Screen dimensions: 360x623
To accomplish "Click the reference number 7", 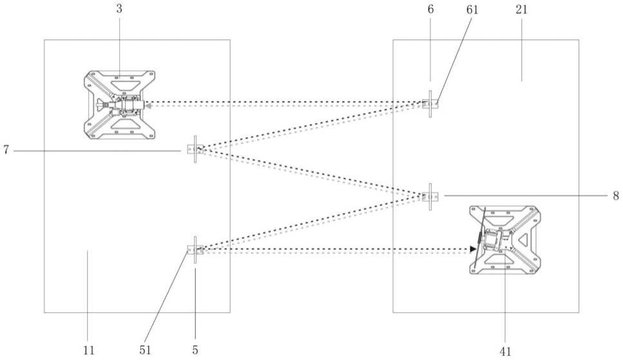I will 6,151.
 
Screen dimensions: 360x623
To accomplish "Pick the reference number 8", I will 615,195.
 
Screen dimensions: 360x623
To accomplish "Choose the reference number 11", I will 88,350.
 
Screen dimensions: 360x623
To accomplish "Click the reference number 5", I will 195,350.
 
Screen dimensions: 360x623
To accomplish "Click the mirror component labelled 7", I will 194,150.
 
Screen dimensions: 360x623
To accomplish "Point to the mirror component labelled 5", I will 195,250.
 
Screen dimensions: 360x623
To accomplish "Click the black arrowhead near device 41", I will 474,249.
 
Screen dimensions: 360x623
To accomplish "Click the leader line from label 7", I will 97,151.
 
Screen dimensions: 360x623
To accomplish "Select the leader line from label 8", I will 522,195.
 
